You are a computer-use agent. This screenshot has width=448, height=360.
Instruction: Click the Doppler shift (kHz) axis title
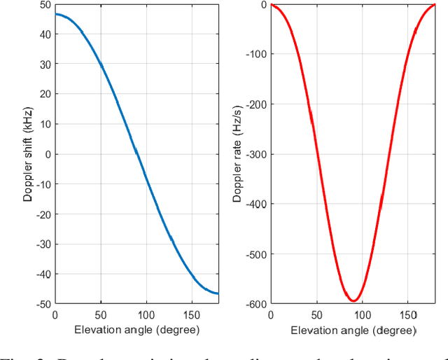coord(28,154)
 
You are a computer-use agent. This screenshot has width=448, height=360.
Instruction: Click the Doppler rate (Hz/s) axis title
coord(238,154)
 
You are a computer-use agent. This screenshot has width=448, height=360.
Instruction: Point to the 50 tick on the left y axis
coord(44,5)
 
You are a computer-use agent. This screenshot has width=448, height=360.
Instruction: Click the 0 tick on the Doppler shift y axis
coord(47,154)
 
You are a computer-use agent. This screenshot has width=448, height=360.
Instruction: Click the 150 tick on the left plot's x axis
coord(192,314)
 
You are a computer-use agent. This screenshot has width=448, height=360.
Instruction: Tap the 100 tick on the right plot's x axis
coord(363,314)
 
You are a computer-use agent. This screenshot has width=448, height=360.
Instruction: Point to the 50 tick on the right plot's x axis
coord(317,314)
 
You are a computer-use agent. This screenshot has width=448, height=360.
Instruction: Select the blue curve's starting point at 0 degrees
coord(56,14)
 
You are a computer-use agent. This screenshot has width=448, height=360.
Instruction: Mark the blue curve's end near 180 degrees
coord(218,293)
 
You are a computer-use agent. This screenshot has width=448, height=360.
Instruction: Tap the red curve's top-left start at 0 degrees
coord(272,5)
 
